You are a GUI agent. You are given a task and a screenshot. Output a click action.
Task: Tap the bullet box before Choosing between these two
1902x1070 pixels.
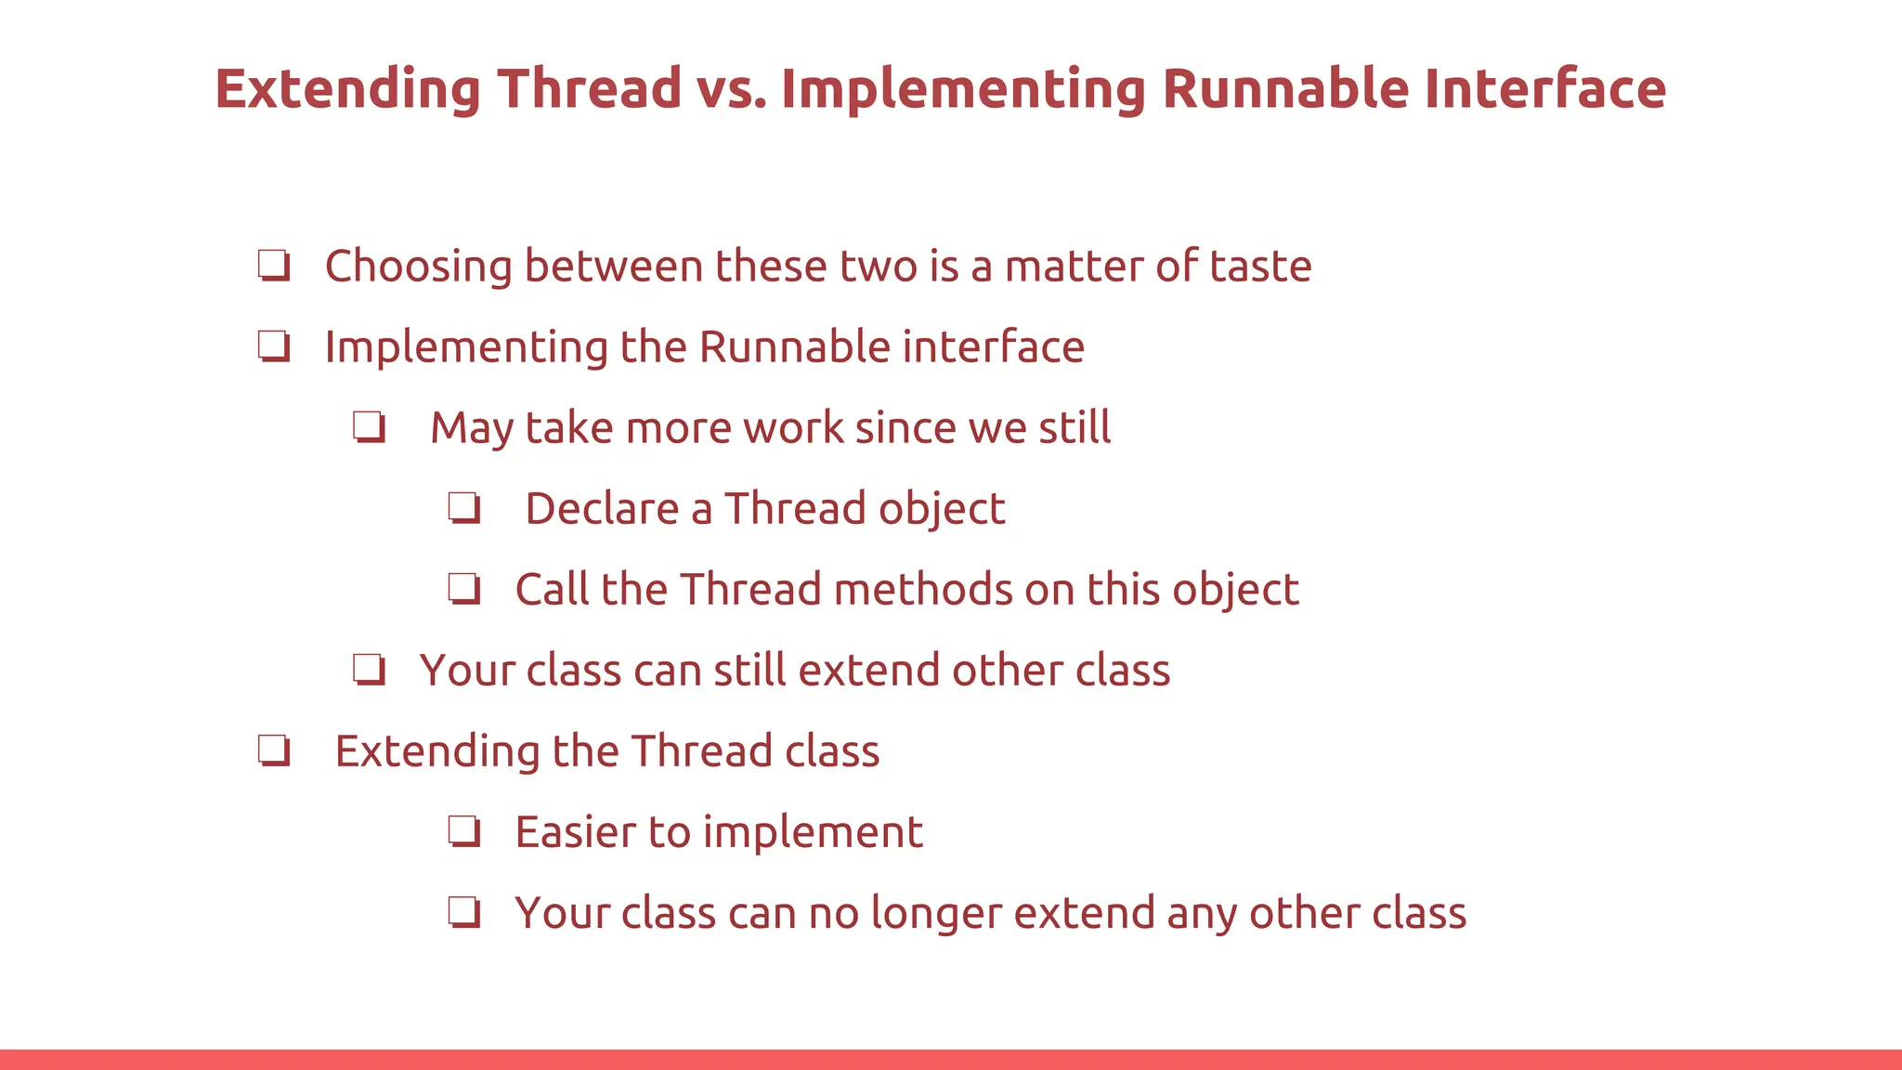(x=274, y=266)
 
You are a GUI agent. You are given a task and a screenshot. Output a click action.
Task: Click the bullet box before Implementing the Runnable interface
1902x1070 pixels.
(x=274, y=346)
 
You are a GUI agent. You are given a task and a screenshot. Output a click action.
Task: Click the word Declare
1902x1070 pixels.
(x=602, y=509)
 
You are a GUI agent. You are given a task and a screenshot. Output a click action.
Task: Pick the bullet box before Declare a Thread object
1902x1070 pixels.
(x=464, y=508)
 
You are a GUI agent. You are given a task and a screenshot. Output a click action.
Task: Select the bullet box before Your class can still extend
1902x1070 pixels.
(x=369, y=670)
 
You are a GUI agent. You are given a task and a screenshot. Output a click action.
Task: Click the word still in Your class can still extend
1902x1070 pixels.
(x=749, y=671)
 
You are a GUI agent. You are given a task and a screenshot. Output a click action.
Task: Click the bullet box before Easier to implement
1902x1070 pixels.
(x=464, y=831)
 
